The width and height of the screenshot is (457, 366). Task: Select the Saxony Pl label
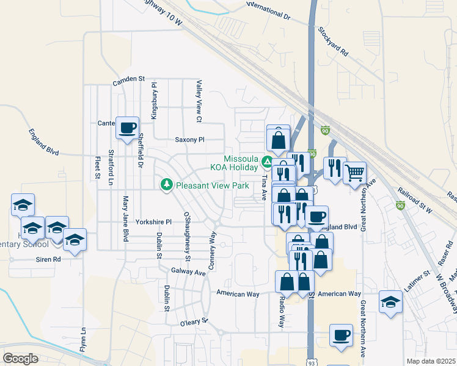189,140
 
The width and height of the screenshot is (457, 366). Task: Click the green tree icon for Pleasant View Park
166,184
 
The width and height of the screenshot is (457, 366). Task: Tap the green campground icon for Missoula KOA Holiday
267,162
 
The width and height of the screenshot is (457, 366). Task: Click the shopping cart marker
354,173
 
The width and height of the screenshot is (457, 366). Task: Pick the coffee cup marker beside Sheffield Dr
127,128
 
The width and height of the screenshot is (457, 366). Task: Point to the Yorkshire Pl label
154,222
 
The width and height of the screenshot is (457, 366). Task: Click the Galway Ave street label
188,272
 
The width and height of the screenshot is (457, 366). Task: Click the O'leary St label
194,321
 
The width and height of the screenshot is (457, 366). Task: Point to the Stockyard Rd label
333,41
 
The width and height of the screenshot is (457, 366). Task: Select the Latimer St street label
417,280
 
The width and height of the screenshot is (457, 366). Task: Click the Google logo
21,358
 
